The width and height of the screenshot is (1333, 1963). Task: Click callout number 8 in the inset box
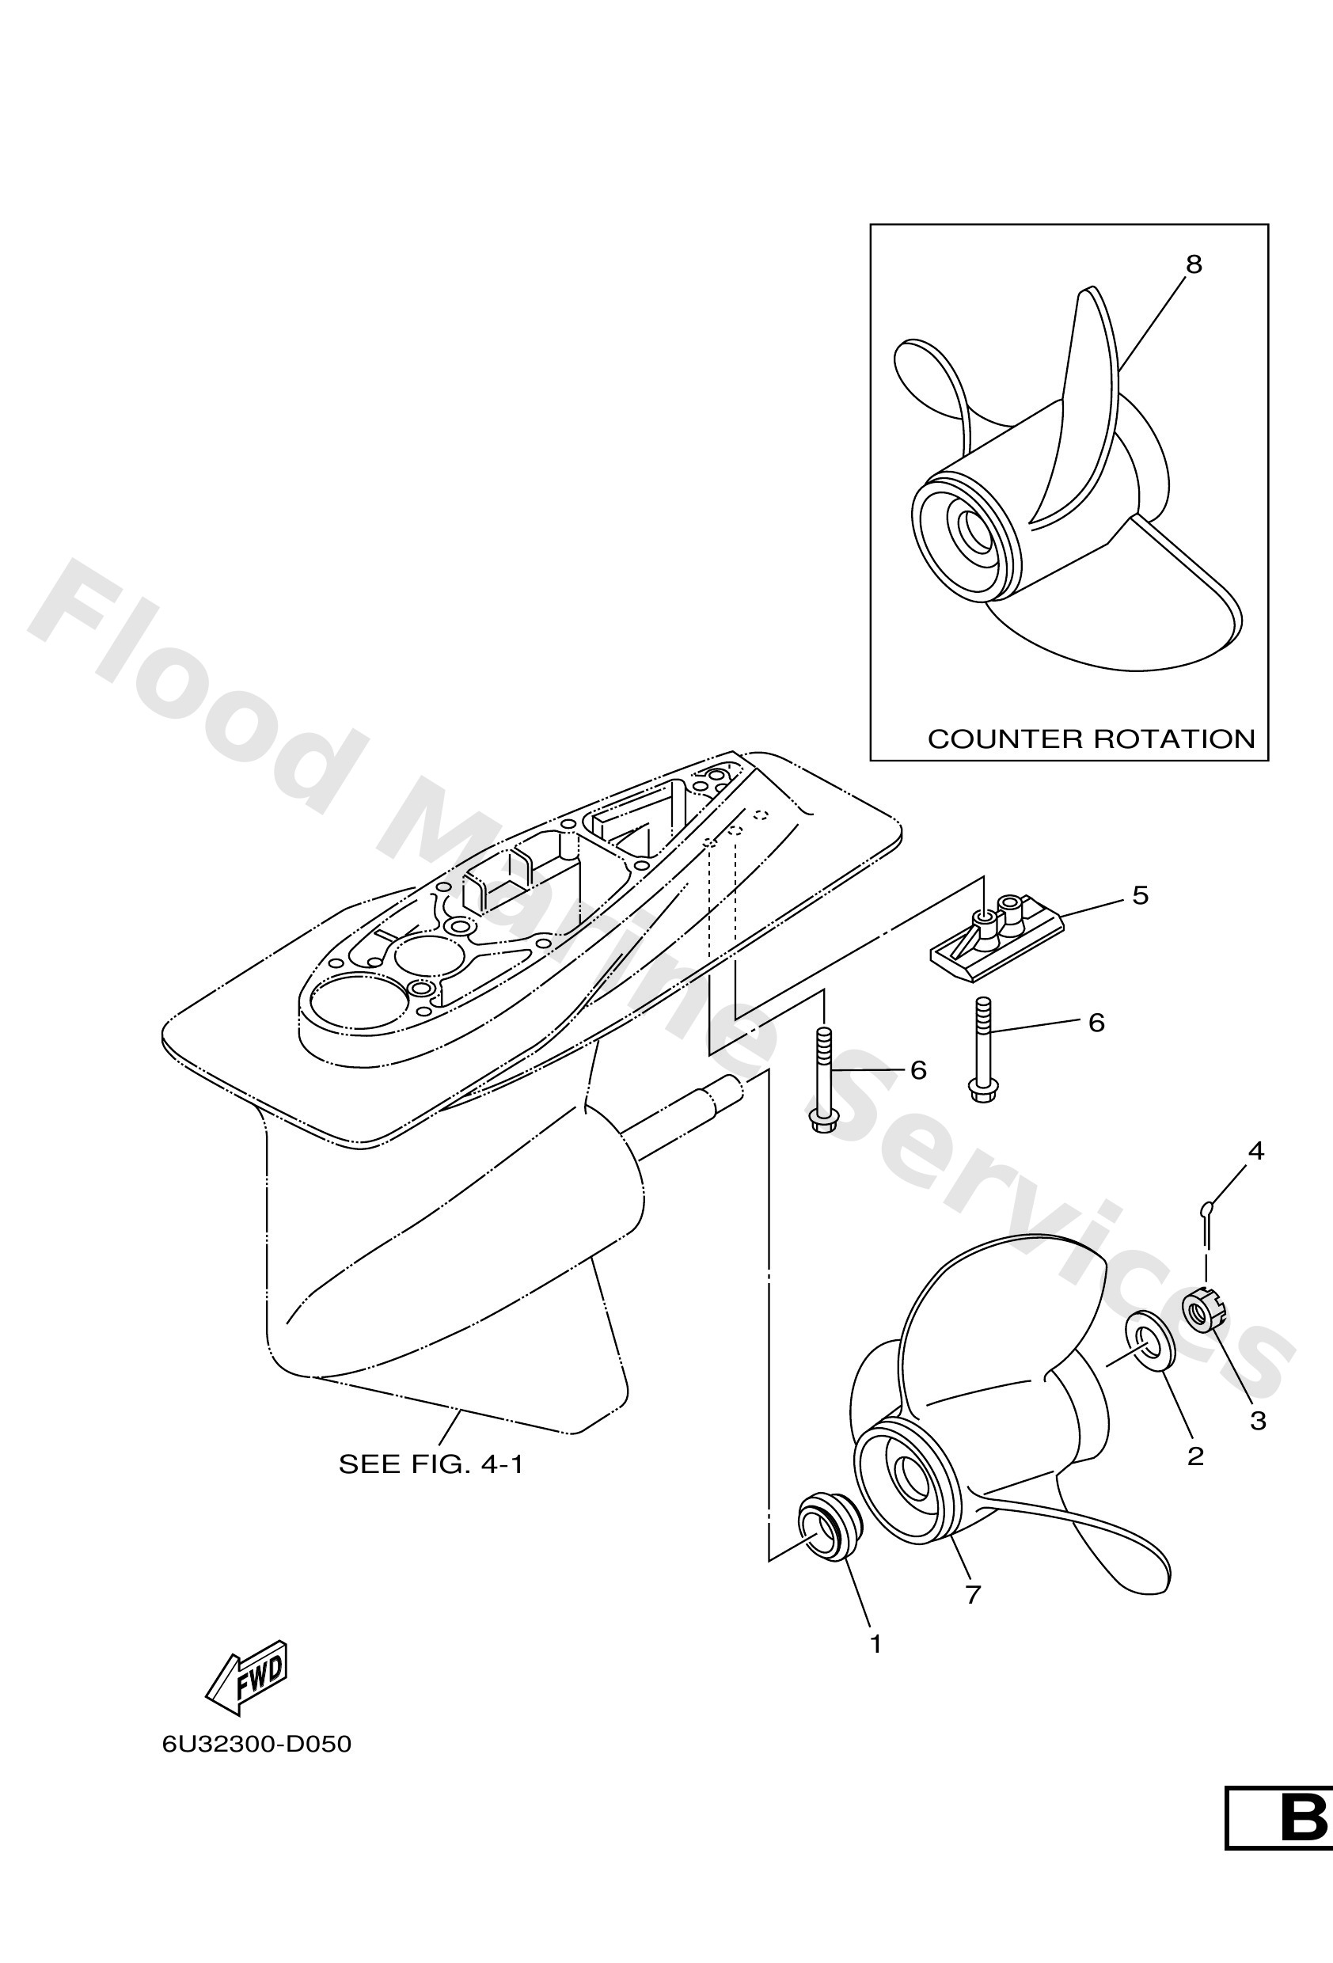pos(1193,264)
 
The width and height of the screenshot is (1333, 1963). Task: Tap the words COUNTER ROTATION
pos(1092,739)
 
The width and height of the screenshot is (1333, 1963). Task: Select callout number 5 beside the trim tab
pos(1141,895)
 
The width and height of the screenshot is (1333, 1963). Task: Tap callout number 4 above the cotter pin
pos(1256,1150)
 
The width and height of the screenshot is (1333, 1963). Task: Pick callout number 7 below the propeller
pos(973,1594)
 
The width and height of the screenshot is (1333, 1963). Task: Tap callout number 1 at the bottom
pos(876,1644)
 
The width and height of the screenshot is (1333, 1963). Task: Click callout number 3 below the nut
pos(1258,1421)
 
